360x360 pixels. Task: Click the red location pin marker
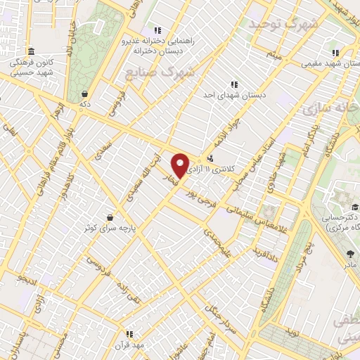(x=181, y=165)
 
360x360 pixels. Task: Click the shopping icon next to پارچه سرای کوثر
(x=110, y=217)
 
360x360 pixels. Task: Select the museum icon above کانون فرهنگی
(x=31, y=51)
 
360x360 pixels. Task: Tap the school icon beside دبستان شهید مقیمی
(x=335, y=52)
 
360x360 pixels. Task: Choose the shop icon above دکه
(x=85, y=93)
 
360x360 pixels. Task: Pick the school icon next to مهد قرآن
(x=129, y=333)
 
